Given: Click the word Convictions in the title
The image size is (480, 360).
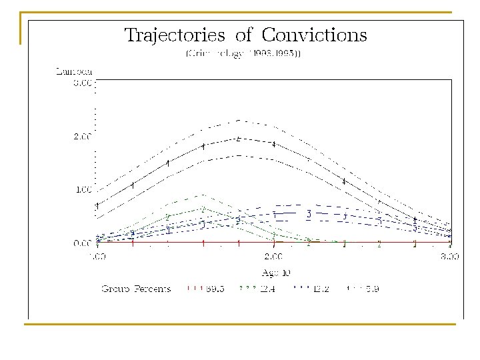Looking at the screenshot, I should tap(314, 35).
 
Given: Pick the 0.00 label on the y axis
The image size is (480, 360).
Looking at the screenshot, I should tap(82, 243).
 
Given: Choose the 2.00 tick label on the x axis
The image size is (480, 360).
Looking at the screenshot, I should tap(273, 256).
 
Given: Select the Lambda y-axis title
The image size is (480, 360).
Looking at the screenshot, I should tap(73, 70).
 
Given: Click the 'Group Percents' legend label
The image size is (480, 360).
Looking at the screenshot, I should tap(136, 289).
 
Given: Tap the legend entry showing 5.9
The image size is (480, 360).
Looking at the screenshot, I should tap(363, 289).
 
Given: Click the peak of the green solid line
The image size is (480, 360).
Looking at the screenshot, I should tap(203, 209).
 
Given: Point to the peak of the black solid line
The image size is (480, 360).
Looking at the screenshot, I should tap(239, 139).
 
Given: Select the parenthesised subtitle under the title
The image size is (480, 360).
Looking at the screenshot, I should tap(243, 53).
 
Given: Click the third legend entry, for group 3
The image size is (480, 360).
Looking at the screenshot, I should tap(309, 289).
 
